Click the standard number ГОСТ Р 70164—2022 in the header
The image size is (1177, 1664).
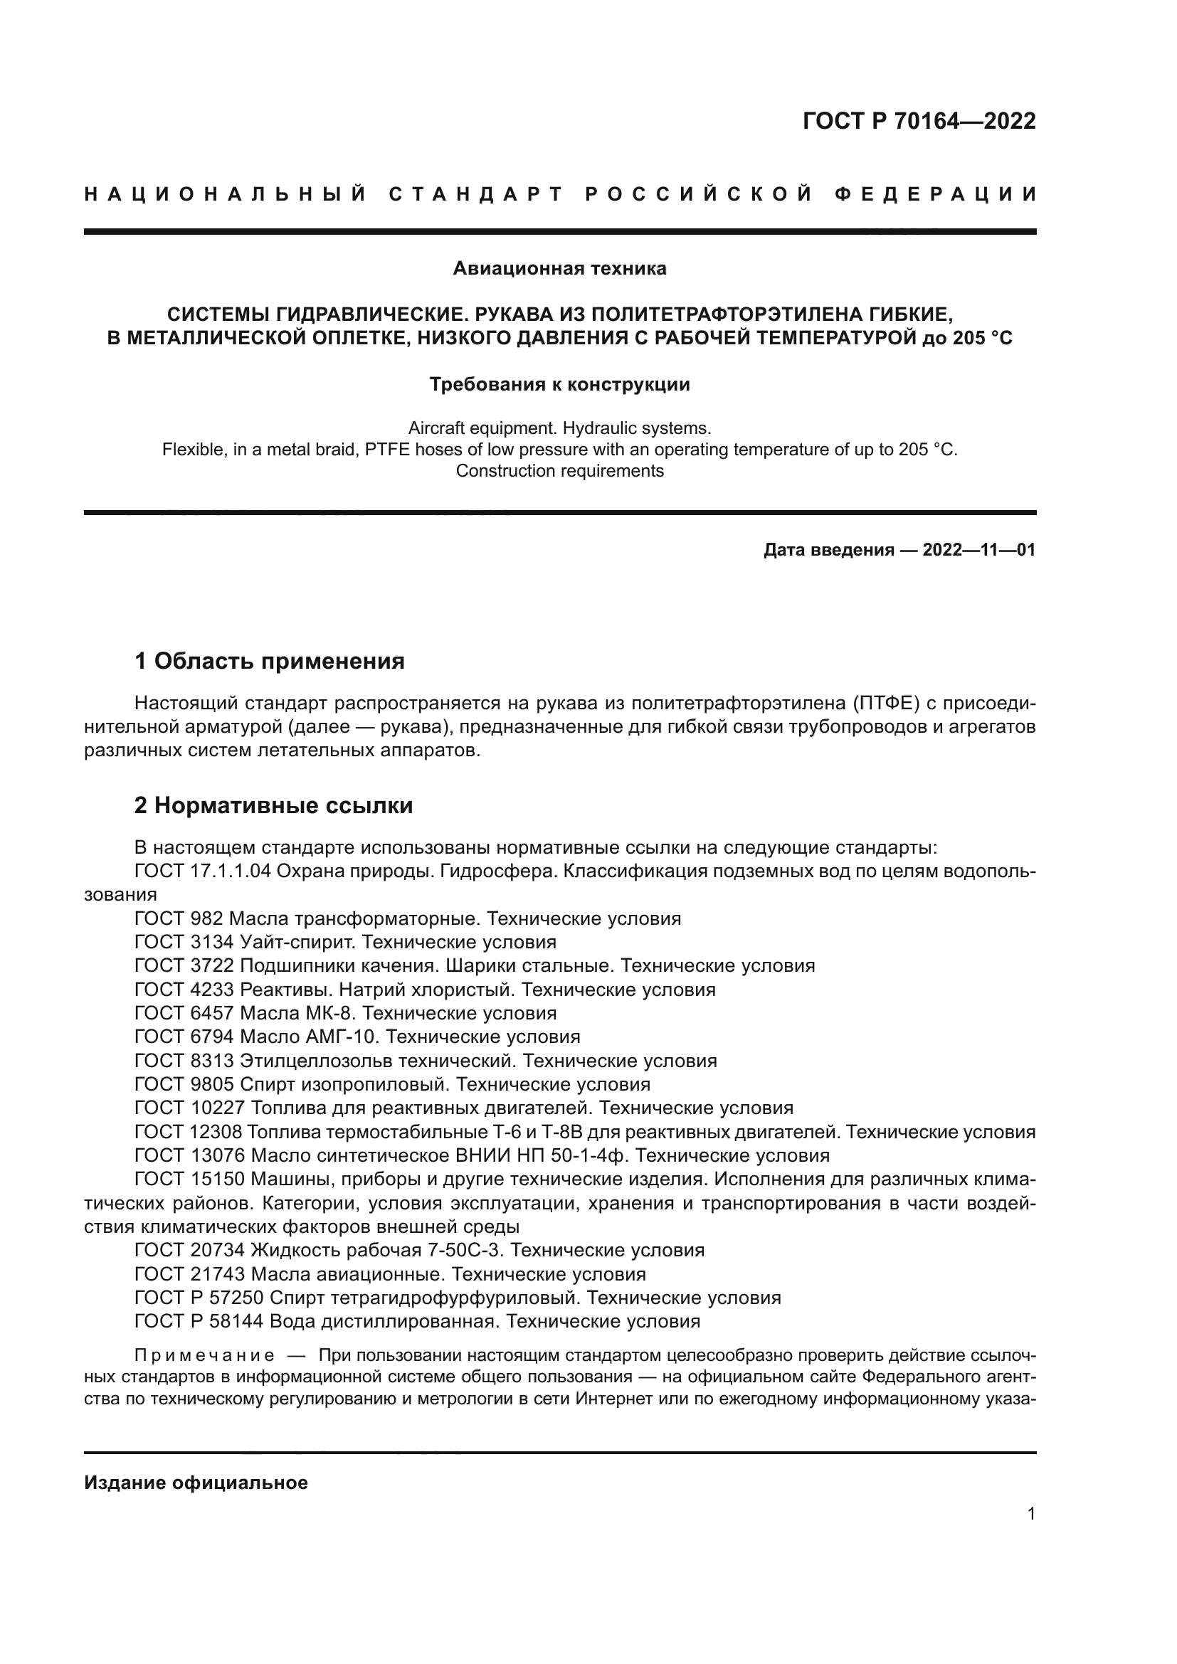918,121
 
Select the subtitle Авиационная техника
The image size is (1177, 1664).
559,269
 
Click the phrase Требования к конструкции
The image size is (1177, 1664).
559,384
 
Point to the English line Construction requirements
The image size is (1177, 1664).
559,471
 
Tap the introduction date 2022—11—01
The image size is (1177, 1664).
978,550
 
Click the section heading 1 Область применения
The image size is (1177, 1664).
269,661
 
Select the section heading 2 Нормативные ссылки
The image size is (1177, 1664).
273,805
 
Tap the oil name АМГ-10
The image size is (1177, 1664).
342,1037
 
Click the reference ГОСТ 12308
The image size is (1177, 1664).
189,1132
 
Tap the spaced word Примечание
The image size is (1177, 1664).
204,1355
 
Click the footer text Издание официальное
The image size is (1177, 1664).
196,1483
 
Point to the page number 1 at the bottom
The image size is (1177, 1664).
1030,1514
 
